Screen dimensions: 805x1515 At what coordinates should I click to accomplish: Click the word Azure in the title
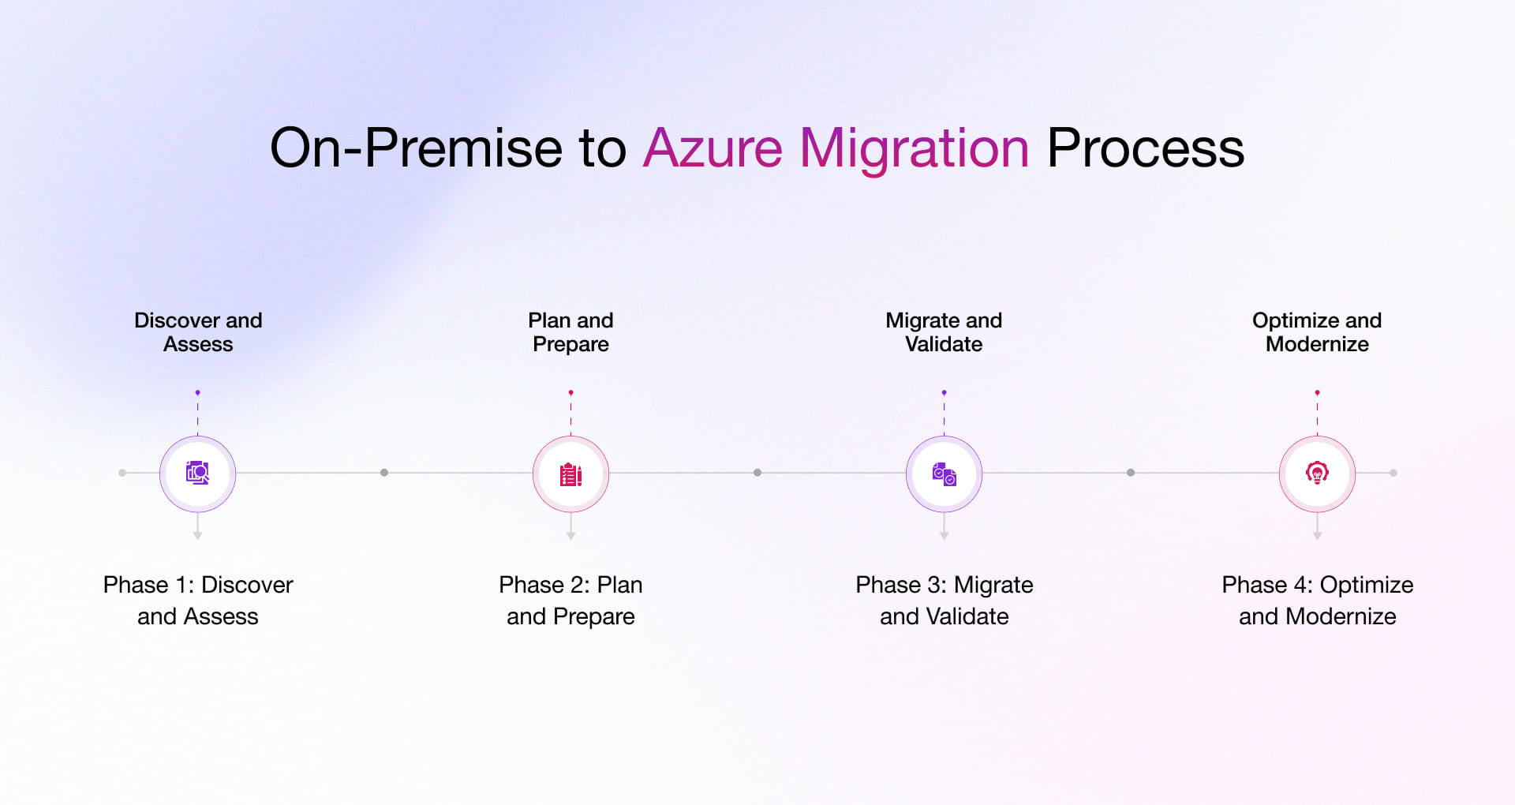click(713, 148)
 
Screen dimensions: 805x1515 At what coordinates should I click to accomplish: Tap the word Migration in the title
click(914, 148)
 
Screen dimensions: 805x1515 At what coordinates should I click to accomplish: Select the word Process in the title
click(1145, 148)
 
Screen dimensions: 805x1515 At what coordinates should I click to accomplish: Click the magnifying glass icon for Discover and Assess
click(197, 473)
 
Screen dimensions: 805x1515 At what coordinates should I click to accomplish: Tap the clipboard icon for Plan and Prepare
click(570, 474)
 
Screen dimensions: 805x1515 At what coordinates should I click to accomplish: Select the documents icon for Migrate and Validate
click(944, 474)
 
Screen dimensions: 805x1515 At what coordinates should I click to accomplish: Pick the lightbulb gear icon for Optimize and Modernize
click(1317, 474)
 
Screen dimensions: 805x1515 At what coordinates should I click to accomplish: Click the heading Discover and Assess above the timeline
click(198, 331)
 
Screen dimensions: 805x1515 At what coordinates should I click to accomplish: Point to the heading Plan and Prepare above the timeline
click(570, 331)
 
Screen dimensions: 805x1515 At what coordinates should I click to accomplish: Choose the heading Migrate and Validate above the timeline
click(944, 331)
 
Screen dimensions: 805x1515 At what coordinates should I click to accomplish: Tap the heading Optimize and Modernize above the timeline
click(1317, 331)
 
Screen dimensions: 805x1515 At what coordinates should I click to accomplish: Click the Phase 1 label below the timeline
click(198, 600)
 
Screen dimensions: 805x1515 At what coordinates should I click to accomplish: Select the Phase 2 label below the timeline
click(570, 600)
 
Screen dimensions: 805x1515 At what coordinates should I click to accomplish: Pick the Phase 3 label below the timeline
click(944, 600)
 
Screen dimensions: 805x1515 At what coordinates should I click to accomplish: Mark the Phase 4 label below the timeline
click(1317, 600)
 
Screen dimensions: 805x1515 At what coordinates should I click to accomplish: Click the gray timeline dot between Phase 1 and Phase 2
click(384, 473)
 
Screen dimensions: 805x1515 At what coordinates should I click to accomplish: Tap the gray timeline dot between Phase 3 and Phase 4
click(1131, 473)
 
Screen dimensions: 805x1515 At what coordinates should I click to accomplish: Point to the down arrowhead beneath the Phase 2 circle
click(570, 536)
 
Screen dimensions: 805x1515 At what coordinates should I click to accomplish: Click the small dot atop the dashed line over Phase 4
click(1317, 392)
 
